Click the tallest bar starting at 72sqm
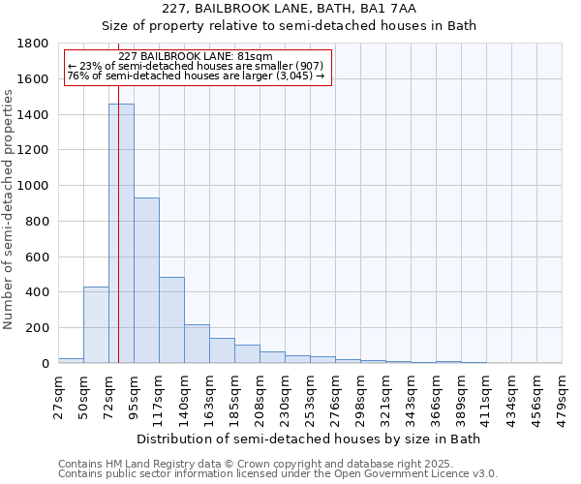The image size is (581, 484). (x=121, y=233)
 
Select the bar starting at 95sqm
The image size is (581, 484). (x=146, y=281)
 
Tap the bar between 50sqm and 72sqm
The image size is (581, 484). (x=96, y=325)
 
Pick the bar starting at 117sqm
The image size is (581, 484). (x=171, y=320)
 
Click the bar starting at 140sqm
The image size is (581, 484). (x=197, y=344)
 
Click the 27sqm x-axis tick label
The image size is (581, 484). (x=59, y=393)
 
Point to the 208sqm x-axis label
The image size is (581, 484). (x=260, y=396)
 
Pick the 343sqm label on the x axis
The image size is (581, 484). (x=412, y=396)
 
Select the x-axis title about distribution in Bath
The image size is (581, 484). (x=309, y=439)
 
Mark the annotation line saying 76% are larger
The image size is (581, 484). (x=196, y=76)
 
